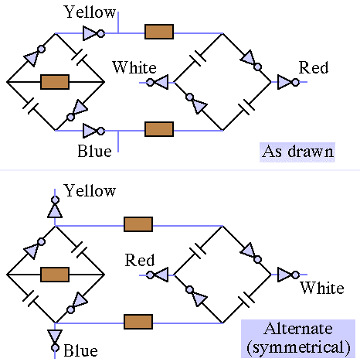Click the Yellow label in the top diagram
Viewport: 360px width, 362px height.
click(x=90, y=12)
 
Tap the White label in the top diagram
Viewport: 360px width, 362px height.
click(x=134, y=67)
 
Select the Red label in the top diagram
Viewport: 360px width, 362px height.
click(x=314, y=67)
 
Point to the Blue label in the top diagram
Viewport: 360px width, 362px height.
click(x=94, y=151)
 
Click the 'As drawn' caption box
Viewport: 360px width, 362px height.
click(x=297, y=152)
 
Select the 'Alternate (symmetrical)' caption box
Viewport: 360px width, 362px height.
click(x=298, y=339)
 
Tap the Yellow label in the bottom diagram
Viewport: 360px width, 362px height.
click(x=90, y=191)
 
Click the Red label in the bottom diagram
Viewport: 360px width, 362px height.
click(x=140, y=260)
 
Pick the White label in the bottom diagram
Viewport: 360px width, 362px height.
click(x=322, y=288)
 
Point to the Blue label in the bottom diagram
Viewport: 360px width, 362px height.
click(x=80, y=350)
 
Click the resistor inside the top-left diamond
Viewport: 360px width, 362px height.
click(x=55, y=82)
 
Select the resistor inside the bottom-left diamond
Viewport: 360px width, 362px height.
click(x=55, y=275)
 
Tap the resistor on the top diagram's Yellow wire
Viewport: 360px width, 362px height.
click(x=159, y=32)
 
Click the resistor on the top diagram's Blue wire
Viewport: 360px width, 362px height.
click(x=159, y=129)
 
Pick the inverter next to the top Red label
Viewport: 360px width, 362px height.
click(x=288, y=82)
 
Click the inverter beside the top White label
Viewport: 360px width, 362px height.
click(x=157, y=82)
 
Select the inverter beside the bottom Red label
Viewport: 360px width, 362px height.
click(x=157, y=275)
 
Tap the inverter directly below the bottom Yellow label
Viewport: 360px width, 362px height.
click(x=55, y=207)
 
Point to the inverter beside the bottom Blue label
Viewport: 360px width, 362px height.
click(x=55, y=340)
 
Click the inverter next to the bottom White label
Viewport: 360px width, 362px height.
click(x=288, y=275)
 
